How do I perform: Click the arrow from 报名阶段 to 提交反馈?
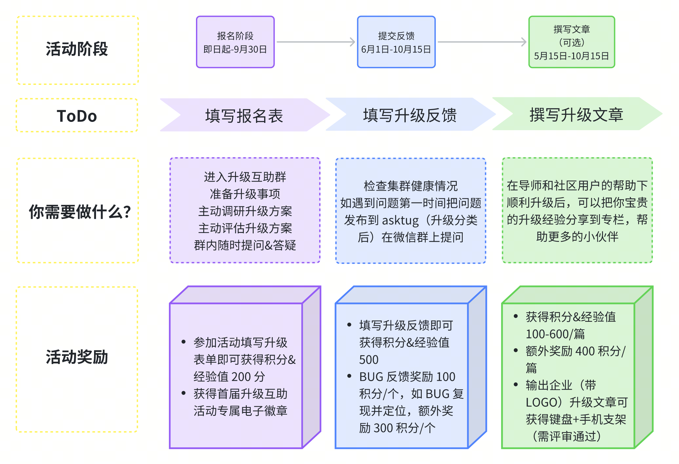click(x=316, y=42)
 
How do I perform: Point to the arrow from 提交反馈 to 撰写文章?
click(x=482, y=42)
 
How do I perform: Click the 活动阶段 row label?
click(x=77, y=49)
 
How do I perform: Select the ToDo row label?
click(x=77, y=116)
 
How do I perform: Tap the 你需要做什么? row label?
click(x=80, y=212)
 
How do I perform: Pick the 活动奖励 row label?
click(x=77, y=357)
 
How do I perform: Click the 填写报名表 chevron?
click(x=244, y=116)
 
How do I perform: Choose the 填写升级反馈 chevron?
click(x=410, y=115)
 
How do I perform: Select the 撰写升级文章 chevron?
click(x=576, y=114)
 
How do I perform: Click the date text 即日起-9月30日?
click(x=235, y=49)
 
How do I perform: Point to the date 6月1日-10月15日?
click(x=396, y=49)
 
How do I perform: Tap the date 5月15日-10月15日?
click(x=572, y=56)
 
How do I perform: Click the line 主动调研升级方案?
click(x=245, y=211)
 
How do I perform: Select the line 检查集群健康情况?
click(x=411, y=186)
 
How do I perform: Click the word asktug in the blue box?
click(x=400, y=221)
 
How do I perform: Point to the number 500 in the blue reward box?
click(x=369, y=360)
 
